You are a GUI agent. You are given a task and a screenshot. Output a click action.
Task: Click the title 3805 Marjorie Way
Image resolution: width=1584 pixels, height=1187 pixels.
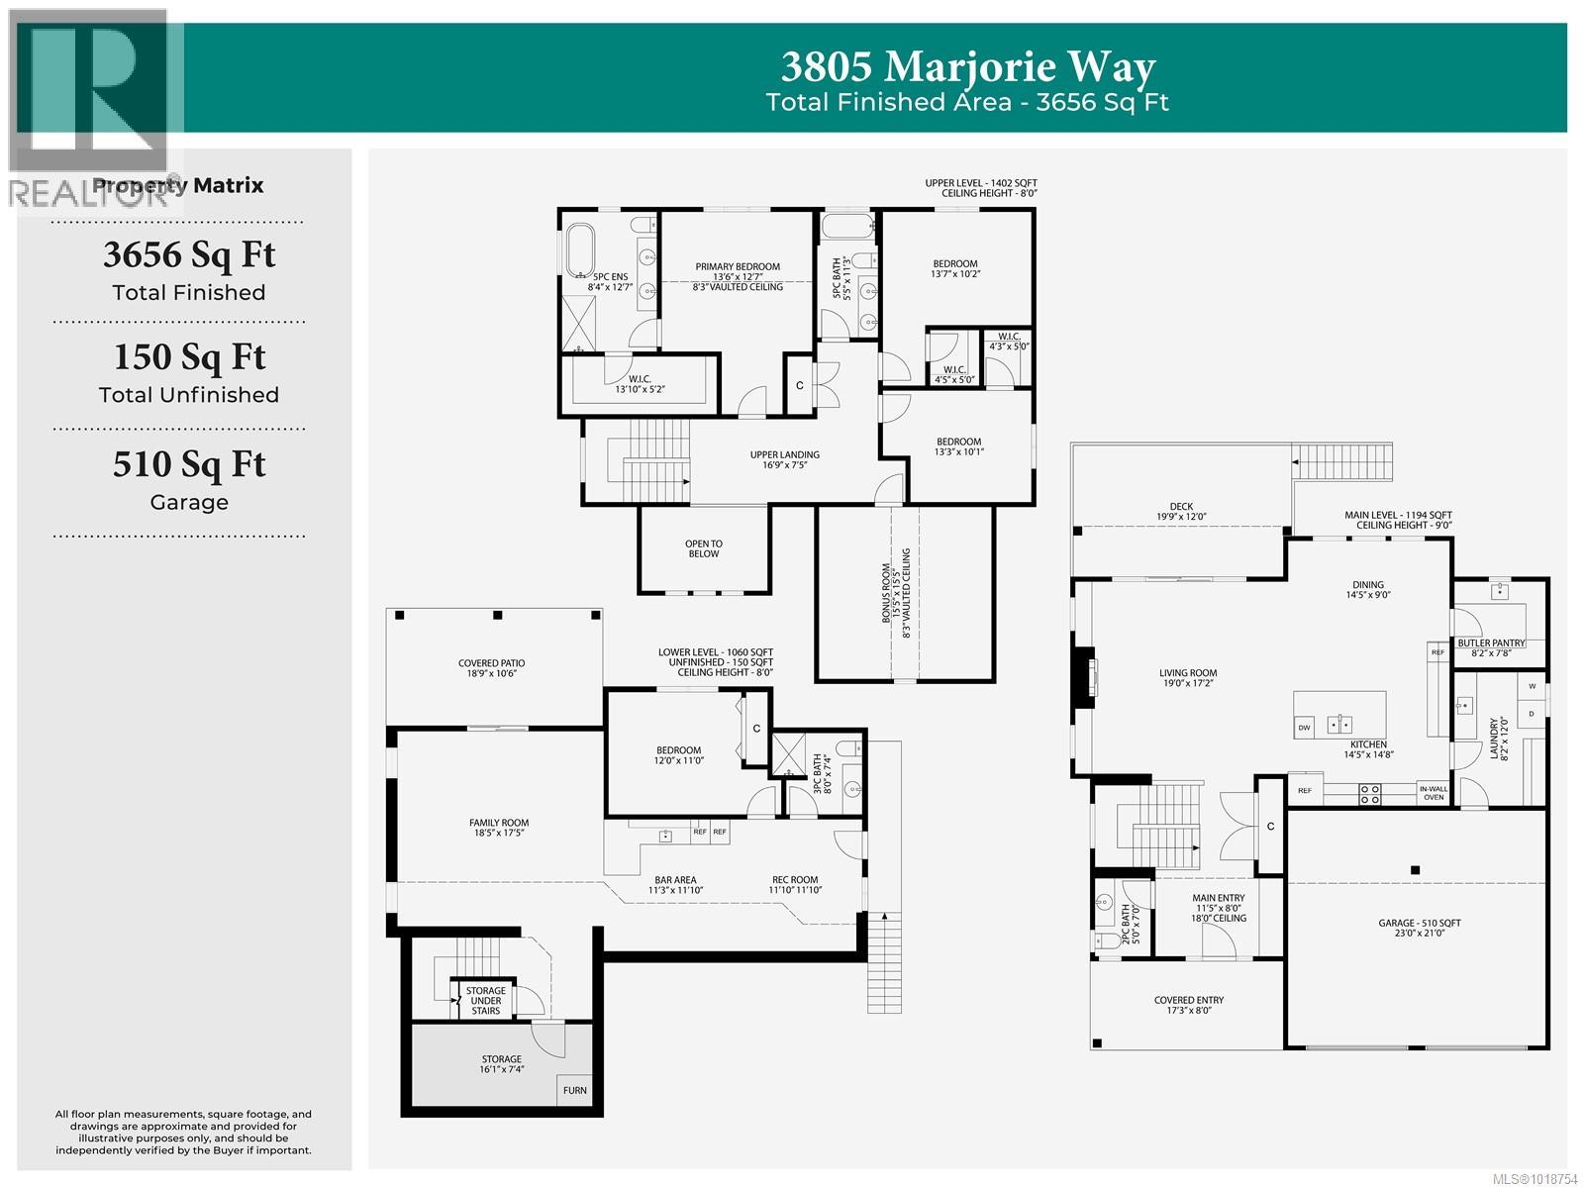click(x=967, y=66)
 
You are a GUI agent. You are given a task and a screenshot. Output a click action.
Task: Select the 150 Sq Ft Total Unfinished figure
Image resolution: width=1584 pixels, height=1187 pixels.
click(x=189, y=356)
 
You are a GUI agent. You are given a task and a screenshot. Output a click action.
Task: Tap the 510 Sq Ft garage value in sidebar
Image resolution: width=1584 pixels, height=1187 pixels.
click(x=189, y=463)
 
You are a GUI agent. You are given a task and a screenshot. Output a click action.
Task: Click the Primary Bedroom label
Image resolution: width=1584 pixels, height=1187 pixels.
click(x=738, y=266)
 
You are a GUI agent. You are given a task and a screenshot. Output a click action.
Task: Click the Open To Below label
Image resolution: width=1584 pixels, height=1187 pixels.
click(x=704, y=548)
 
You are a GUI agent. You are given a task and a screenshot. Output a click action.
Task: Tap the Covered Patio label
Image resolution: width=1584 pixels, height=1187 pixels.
click(x=491, y=668)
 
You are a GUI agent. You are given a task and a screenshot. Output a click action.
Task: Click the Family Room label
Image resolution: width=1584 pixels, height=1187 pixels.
click(x=499, y=828)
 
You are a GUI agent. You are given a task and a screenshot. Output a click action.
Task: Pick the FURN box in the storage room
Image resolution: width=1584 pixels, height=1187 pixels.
click(x=575, y=1090)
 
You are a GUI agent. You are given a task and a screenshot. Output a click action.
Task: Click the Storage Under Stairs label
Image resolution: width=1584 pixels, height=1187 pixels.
click(x=485, y=1000)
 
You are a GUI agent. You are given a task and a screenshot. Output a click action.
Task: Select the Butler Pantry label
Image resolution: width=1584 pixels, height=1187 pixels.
click(x=1491, y=643)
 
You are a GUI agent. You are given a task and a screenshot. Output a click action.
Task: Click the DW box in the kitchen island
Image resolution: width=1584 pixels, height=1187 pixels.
click(x=1304, y=728)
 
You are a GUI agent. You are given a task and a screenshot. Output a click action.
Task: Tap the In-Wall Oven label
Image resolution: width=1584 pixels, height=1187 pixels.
click(x=1433, y=793)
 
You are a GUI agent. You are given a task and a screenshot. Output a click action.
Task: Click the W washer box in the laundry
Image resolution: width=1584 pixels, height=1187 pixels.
click(x=1532, y=686)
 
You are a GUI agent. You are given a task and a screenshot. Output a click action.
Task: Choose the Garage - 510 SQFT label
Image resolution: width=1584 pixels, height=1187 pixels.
click(x=1419, y=928)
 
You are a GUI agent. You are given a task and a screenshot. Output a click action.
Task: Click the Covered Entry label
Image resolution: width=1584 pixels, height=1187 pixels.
click(x=1188, y=1005)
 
